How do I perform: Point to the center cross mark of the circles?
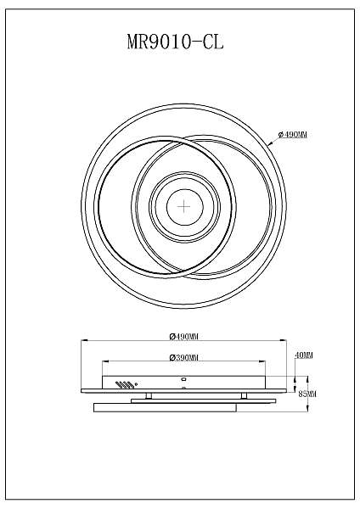coord(183,205)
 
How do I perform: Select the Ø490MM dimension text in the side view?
coord(183,335)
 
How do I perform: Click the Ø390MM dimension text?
coord(183,357)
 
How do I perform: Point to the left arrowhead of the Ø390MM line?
coord(104,363)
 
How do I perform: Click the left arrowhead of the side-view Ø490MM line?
coord(82,341)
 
